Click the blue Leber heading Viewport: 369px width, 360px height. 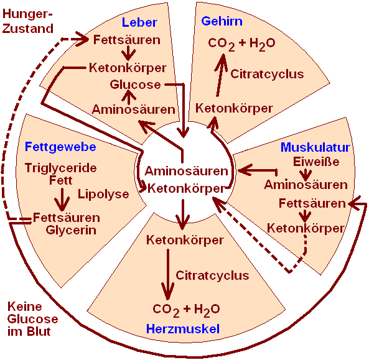tap(139, 22)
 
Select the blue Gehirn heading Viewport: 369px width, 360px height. tap(222, 21)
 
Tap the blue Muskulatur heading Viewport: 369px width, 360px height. tap(315, 147)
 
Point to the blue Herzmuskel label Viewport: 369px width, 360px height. tap(183, 328)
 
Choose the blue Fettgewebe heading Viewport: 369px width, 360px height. tap(60, 147)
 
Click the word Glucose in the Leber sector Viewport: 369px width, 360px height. tap(135, 85)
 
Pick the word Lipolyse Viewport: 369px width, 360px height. tap(103, 194)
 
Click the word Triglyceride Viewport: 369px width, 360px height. tap(61, 168)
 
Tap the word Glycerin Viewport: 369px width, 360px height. tap(71, 230)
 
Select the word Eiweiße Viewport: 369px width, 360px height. tap(316, 162)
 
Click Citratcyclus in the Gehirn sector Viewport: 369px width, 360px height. tap(267, 74)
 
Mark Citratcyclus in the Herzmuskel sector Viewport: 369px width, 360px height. tap(212, 275)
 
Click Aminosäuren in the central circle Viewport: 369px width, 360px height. tap(187, 171)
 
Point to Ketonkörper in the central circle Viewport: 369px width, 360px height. tap(186, 188)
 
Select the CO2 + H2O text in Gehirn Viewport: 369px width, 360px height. tap(241, 44)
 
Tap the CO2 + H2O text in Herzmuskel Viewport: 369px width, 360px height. tap(186, 310)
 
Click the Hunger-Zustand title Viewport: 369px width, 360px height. tap(27, 21)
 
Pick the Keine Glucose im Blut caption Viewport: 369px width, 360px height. tap(32, 319)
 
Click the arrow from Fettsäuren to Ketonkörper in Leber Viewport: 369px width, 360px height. tap(128, 53)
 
